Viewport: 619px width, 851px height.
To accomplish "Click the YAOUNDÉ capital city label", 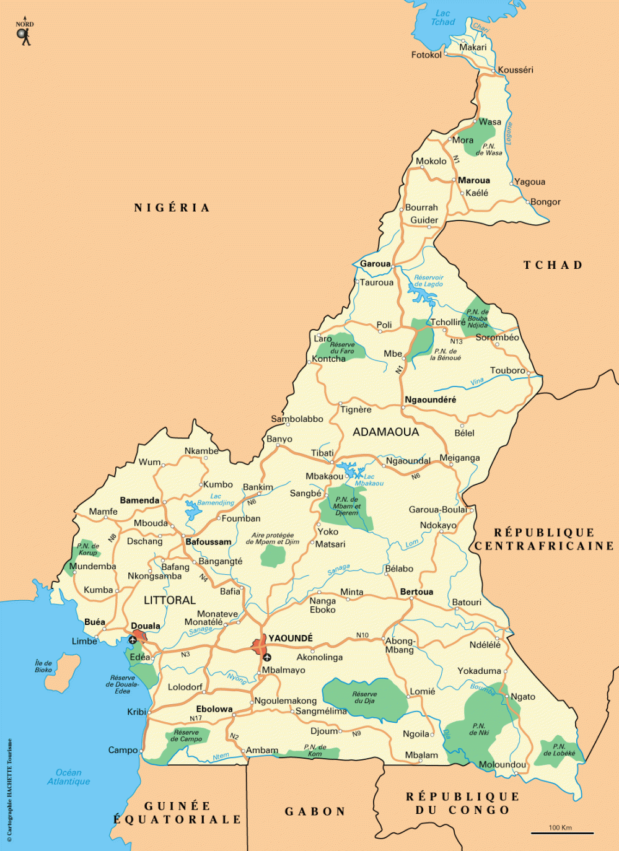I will (291, 638).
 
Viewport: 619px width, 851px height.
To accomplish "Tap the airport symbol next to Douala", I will (133, 640).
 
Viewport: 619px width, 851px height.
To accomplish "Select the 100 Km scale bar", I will (561, 832).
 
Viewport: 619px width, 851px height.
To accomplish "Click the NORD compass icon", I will (24, 34).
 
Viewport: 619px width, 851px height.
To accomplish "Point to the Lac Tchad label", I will (443, 17).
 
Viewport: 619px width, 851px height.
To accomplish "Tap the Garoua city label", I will (375, 263).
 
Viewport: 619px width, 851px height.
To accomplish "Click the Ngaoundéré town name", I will (431, 399).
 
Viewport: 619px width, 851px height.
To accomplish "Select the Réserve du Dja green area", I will (365, 698).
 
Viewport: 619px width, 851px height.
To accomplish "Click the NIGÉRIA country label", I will (172, 207).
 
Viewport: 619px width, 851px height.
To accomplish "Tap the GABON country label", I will (315, 811).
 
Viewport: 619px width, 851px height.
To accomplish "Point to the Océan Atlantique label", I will (69, 777).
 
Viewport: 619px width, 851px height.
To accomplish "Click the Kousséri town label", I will (516, 70).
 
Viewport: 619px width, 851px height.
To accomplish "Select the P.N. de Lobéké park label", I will (559, 750).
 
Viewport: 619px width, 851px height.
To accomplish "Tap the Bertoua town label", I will (416, 591).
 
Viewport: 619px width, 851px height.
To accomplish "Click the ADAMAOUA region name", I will (386, 432).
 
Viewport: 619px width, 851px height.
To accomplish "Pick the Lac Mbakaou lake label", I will (369, 480).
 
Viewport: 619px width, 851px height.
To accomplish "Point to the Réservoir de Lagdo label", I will (429, 281).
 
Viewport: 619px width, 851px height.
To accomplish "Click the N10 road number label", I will (362, 635).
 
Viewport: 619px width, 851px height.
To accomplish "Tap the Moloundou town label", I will (502, 764).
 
